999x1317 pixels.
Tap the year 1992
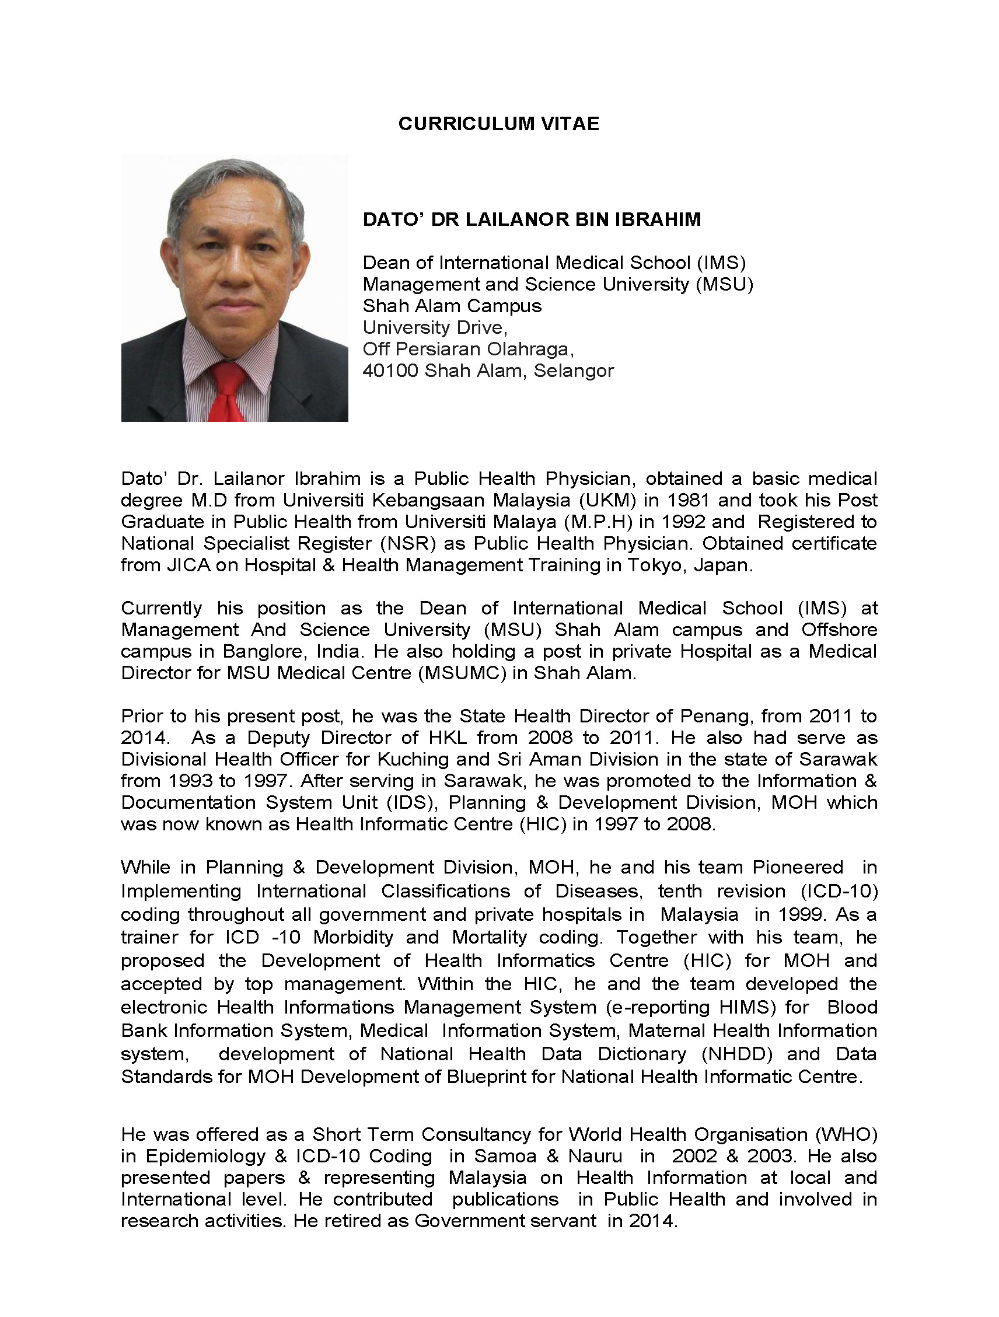(681, 522)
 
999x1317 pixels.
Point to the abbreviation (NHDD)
(737, 1054)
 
